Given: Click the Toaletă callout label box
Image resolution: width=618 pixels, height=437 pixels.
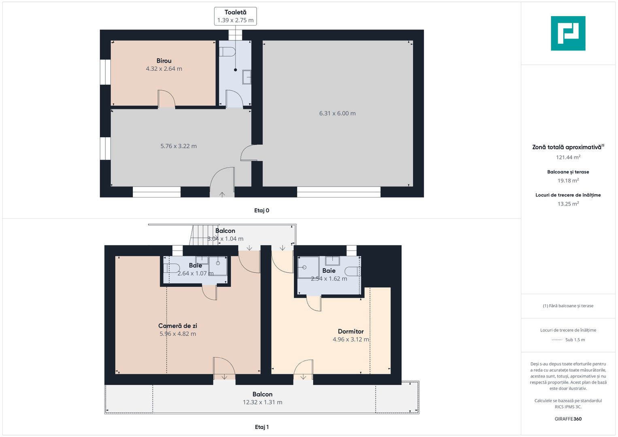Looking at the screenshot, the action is click(235, 16).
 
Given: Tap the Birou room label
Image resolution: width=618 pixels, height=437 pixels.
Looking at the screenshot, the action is click(164, 61).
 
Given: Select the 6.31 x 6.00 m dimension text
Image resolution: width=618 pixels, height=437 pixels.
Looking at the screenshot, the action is click(338, 113).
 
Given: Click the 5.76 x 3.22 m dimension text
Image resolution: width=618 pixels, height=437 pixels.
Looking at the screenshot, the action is click(178, 146).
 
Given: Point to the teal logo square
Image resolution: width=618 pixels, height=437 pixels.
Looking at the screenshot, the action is click(568, 33).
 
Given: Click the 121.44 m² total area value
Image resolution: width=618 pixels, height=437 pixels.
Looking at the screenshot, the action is click(568, 157).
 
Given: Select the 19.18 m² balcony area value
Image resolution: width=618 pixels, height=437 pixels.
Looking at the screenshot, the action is click(568, 180).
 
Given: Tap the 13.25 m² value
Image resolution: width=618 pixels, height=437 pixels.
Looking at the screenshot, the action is click(568, 204).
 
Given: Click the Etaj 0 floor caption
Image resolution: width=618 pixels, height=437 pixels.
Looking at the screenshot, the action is click(261, 210).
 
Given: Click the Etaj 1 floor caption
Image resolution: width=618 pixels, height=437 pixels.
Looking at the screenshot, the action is click(261, 427).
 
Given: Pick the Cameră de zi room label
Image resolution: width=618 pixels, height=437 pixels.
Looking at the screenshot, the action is click(178, 326).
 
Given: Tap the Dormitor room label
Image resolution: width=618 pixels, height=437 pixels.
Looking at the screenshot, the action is click(350, 331).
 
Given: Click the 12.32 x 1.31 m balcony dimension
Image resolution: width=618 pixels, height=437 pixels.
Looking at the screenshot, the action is click(262, 402).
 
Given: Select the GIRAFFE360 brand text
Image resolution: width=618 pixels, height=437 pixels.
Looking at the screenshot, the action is click(568, 419).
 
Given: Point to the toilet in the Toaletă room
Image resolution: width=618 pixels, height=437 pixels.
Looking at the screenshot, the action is click(227, 52).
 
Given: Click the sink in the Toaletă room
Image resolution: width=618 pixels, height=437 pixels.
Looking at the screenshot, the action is click(247, 77).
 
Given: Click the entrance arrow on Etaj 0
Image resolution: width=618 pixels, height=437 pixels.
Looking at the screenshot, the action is click(222, 195).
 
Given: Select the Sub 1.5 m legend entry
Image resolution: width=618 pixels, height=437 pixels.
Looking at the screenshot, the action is click(575, 339).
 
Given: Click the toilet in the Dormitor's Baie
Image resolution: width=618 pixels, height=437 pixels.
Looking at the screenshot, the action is click(353, 272).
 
